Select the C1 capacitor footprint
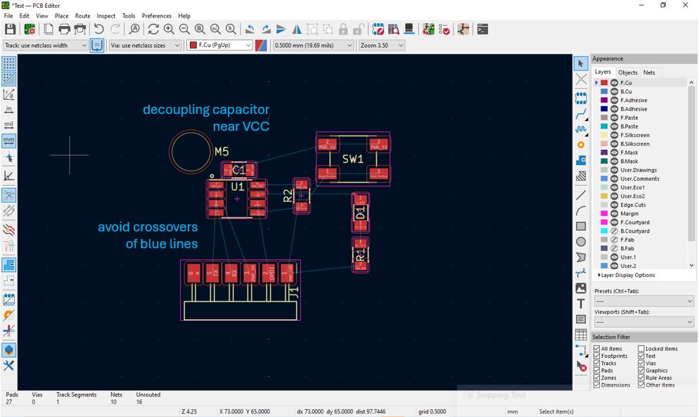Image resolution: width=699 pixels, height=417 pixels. tap(239, 169)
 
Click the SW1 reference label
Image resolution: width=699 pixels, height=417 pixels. tap(352, 159)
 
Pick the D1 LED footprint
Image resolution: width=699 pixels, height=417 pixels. tap(360, 212)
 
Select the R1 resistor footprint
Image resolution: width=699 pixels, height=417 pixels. tap(360, 255)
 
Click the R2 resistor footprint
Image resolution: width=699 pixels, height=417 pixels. tap(301, 195)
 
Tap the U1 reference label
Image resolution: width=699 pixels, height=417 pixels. tap(238, 187)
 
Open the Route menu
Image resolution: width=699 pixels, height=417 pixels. tap(83, 15)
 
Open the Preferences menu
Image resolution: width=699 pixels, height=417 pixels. tap(156, 15)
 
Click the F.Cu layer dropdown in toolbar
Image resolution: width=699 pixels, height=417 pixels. tap(219, 45)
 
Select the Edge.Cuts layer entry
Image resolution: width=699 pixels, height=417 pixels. tap(632, 205)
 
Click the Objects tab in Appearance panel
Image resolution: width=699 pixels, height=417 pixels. tap(627, 72)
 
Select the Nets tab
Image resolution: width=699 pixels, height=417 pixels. tap(649, 72)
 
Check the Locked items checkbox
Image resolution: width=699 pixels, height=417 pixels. tap(641, 349)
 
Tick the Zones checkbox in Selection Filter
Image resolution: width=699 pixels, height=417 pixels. tap(597, 378)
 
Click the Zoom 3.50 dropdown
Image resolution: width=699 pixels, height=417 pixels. tap(381, 45)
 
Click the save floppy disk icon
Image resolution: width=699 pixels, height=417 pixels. tap(10, 29)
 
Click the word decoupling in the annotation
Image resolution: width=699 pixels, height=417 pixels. tap(175, 110)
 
